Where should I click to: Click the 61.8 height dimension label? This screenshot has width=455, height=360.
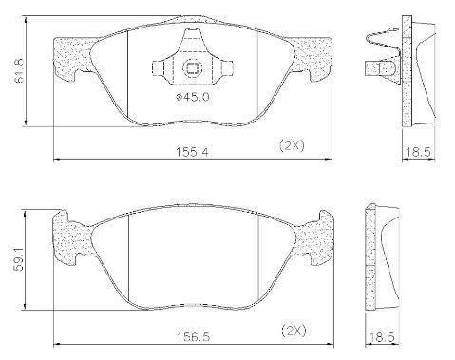[20, 71]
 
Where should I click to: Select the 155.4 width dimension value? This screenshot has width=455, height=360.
[192, 153]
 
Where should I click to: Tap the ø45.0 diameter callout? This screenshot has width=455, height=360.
[193, 97]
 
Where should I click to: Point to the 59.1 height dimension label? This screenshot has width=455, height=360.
[20, 260]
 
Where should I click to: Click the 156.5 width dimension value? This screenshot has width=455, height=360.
[193, 337]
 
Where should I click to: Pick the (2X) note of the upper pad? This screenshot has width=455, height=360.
[292, 145]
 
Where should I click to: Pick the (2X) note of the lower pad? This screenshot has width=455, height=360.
[294, 331]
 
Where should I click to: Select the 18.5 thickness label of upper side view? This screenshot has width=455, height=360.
[418, 152]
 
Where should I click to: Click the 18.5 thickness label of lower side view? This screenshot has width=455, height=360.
[382, 337]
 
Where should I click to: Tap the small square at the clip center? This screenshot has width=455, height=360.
[192, 68]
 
